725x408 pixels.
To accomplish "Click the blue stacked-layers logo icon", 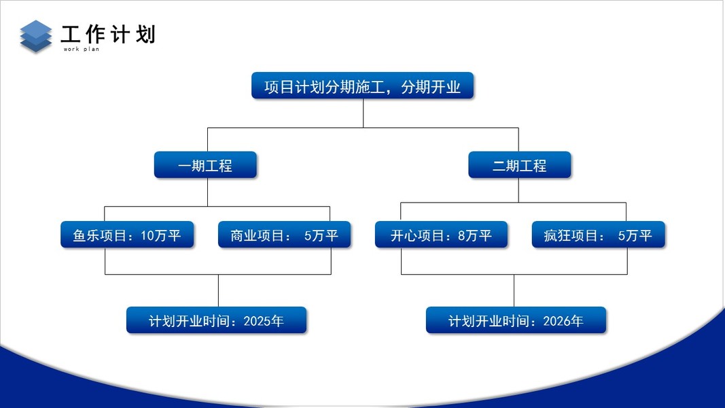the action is (36, 36).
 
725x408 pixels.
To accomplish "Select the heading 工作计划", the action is (108, 34).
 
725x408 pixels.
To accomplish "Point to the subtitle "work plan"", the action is (82, 49).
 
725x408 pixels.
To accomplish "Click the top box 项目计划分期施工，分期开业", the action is (362, 86).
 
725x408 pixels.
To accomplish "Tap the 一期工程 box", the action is (205, 165).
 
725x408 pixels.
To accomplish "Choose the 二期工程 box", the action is (519, 165).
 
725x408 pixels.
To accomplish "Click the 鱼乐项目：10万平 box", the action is (127, 235).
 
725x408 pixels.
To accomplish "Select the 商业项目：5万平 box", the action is (284, 235).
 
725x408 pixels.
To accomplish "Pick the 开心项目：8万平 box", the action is (441, 235).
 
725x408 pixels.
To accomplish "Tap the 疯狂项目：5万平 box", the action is (598, 235).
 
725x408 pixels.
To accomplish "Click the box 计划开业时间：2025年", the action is (216, 320).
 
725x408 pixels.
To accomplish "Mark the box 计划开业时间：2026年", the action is (516, 320).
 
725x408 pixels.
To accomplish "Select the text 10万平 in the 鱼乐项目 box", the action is (161, 236).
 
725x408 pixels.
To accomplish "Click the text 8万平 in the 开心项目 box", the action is (475, 236).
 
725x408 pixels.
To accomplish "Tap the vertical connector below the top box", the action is (363, 113).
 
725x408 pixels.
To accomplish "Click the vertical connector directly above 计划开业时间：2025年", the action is (218, 290).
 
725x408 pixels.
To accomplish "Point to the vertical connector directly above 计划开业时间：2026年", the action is (514, 290).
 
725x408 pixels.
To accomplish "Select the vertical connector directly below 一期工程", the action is (207, 192).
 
